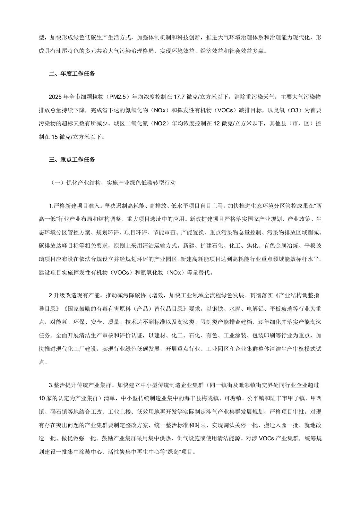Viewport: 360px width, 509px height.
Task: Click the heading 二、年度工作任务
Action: (x=72, y=74)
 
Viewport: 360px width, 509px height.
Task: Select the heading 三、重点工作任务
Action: (x=72, y=159)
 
